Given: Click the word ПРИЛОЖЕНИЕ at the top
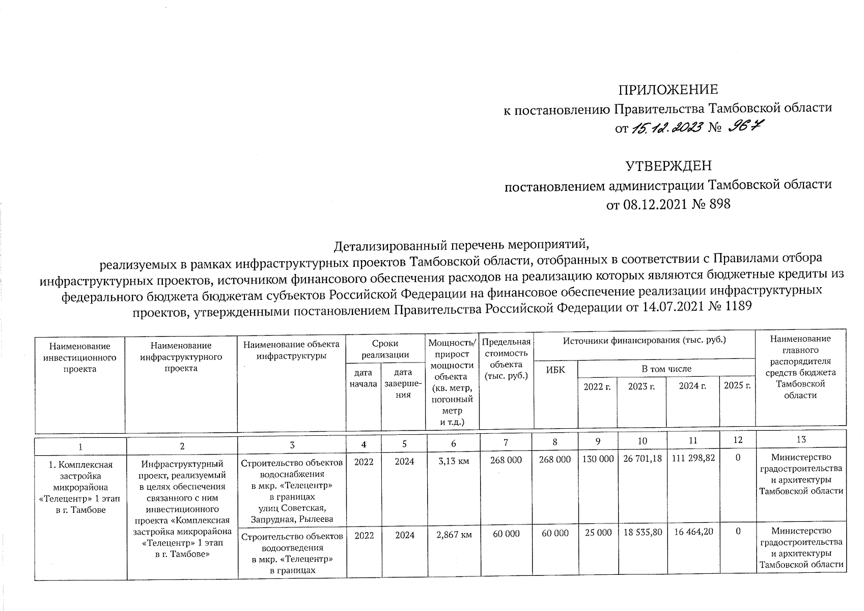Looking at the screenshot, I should [x=667, y=90].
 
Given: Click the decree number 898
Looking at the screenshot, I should [x=718, y=205].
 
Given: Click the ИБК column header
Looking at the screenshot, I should [x=555, y=370].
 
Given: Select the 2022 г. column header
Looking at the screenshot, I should [x=597, y=386].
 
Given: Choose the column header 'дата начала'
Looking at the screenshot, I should [x=363, y=378].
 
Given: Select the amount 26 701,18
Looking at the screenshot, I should [x=642, y=459].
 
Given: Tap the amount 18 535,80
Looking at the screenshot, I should [x=642, y=532].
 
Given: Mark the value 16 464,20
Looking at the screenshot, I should [x=692, y=532].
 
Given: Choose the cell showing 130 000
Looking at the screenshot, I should [x=598, y=459].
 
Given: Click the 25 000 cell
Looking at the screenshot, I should [x=598, y=532].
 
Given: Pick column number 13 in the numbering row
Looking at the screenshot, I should [x=801, y=439].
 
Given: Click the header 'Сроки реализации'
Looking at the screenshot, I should [x=385, y=349].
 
